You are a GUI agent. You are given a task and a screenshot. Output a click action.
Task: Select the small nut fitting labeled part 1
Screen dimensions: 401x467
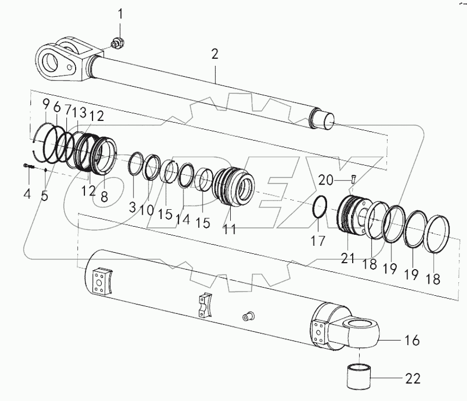(116, 41)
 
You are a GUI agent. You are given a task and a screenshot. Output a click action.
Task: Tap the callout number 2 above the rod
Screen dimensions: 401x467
(215, 53)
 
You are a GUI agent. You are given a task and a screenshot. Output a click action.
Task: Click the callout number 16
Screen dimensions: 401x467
(412, 341)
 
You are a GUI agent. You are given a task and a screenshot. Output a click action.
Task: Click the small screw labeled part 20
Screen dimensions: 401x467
(353, 177)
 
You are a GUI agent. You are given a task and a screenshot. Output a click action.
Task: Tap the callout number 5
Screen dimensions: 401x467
(45, 195)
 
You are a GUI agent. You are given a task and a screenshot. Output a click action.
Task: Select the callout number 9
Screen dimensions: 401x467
(45, 105)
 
